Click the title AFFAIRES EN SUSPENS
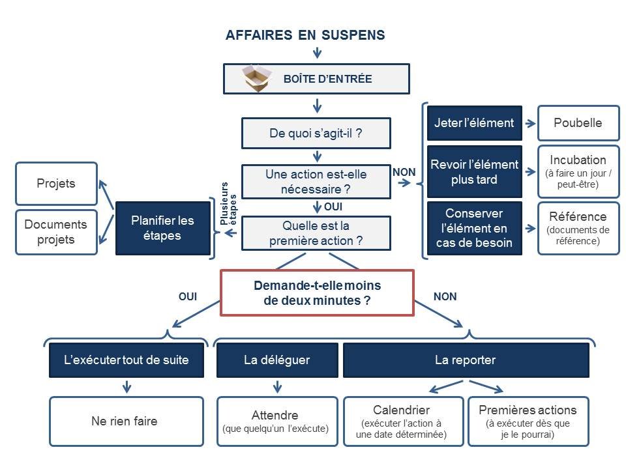[305, 35]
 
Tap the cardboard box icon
[256, 79]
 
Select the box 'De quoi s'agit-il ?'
[316, 134]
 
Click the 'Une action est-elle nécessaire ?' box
[316, 182]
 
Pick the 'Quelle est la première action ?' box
[316, 233]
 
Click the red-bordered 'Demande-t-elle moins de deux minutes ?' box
[317, 292]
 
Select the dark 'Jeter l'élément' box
[474, 123]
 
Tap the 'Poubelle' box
[578, 123]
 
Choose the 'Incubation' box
[578, 171]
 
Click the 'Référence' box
[578, 228]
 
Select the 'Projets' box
[56, 183]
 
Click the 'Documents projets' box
[56, 232]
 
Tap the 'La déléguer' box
[277, 360]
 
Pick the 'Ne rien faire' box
[127, 421]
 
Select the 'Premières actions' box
[528, 421]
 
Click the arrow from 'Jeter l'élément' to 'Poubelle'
[529, 123]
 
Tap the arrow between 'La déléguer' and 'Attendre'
[277, 387]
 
